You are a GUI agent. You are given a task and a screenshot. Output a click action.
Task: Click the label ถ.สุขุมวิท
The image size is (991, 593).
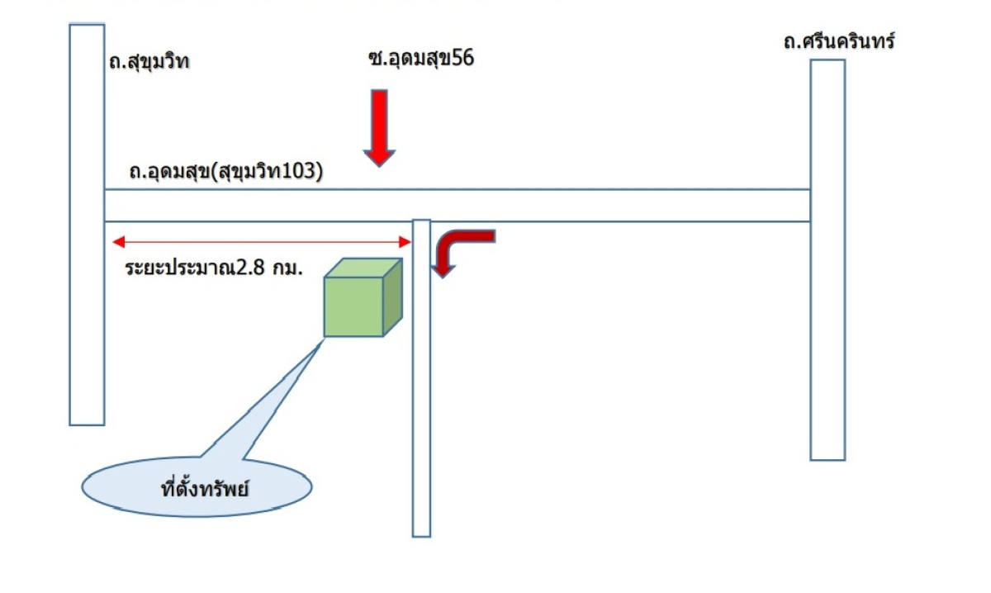[x=149, y=62]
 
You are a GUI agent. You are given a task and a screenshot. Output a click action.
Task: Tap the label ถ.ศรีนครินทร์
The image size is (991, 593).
[x=839, y=41]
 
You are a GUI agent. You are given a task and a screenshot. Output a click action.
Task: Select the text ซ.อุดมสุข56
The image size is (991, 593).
[x=421, y=59]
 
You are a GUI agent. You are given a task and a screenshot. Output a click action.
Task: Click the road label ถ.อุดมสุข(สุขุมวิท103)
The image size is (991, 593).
[x=225, y=172]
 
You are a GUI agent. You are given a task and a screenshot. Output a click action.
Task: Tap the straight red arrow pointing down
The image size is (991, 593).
[x=379, y=127]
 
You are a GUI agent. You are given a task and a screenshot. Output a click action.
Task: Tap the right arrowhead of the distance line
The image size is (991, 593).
[x=405, y=242]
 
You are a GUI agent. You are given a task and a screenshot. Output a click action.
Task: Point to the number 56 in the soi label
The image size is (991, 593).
[x=462, y=59]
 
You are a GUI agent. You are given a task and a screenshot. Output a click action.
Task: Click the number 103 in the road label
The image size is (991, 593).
[x=301, y=172]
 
